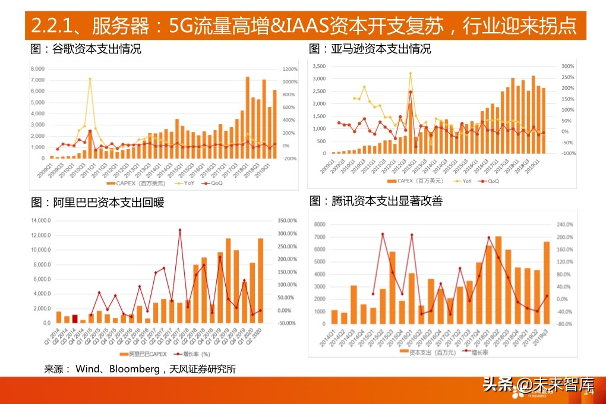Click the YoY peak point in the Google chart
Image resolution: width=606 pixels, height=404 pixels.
[x=90, y=78]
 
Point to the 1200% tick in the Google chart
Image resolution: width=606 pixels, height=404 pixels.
[x=290, y=69]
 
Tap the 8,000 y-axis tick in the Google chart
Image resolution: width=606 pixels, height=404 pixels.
[x=37, y=69]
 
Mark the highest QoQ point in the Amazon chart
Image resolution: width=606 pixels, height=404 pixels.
[x=410, y=91]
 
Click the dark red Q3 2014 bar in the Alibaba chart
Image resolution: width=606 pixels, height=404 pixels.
[x=75, y=318]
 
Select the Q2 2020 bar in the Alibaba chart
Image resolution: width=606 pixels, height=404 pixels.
[x=260, y=280]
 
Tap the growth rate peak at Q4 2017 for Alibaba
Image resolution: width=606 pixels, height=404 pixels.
[x=179, y=230]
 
